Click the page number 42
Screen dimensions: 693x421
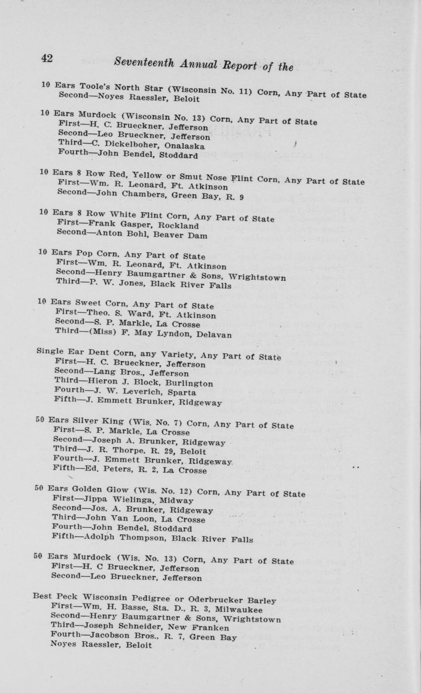(x=47, y=58)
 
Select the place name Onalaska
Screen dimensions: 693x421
(x=184, y=146)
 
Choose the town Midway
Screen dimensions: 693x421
(x=177, y=501)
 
